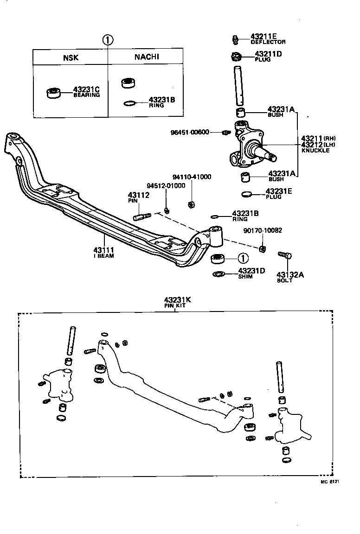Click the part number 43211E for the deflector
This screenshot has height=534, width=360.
click(264, 36)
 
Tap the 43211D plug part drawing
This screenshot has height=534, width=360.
click(236, 57)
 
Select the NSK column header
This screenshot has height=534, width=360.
click(71, 58)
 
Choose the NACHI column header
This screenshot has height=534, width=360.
click(147, 57)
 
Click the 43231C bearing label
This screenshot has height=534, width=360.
click(86, 91)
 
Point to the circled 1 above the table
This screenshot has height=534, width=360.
click(108, 40)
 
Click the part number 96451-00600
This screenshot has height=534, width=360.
click(190, 132)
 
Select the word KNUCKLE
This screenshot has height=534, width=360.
click(315, 151)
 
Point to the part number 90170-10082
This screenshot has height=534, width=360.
click(263, 230)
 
